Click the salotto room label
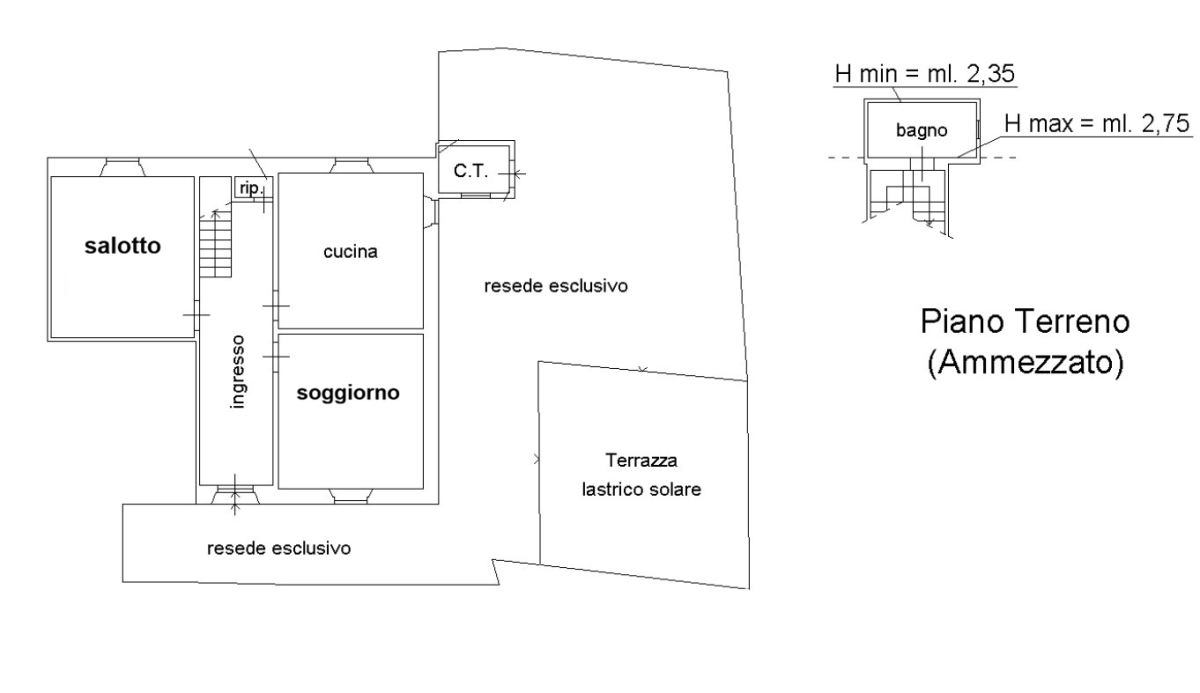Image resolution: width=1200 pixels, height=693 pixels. point(123,246)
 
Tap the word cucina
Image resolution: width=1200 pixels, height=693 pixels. point(350,252)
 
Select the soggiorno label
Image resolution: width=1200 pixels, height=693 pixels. point(348,393)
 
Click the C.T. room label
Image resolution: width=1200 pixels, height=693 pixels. point(469,171)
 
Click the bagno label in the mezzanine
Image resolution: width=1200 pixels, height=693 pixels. point(921,130)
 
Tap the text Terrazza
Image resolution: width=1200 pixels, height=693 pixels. point(642,462)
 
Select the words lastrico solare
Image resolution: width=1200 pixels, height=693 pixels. point(640,490)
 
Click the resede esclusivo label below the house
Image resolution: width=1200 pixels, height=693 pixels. point(278,548)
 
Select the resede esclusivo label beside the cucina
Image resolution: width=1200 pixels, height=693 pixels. point(555,286)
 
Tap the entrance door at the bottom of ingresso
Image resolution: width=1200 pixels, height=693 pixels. point(236,491)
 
